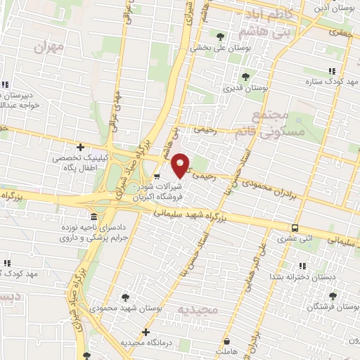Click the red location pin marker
point(181,165)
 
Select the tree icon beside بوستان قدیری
point(245,77)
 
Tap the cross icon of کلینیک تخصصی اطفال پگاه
point(82,147)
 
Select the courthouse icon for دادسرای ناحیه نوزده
point(94,216)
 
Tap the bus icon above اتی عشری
point(295,228)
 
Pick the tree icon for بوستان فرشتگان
point(332,296)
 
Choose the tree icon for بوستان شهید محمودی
point(125,297)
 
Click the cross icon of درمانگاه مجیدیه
point(146,331)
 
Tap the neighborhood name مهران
point(49,48)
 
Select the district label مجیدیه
point(193,309)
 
